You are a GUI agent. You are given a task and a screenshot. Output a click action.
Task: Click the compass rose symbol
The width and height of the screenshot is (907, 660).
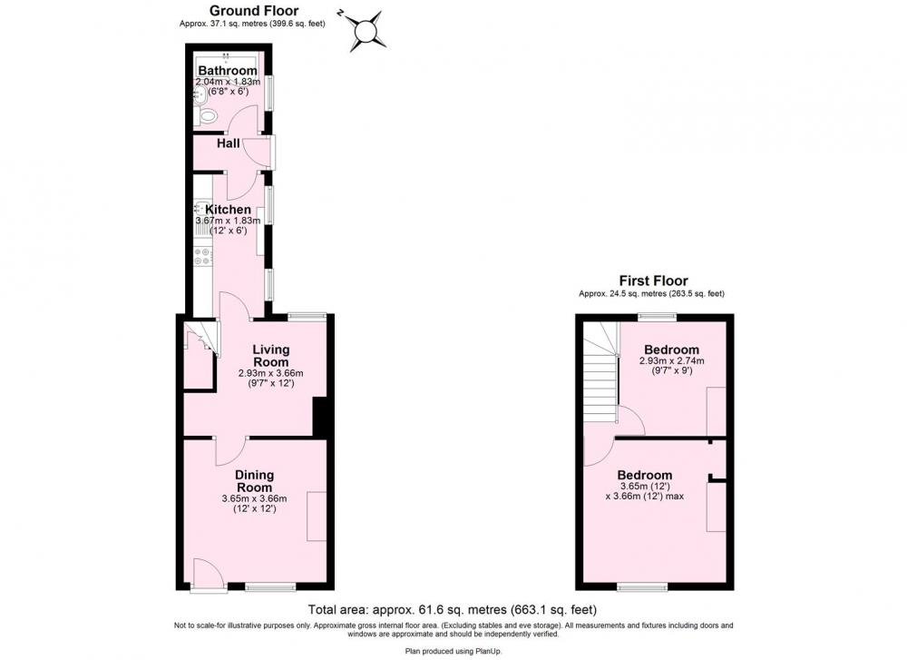366,31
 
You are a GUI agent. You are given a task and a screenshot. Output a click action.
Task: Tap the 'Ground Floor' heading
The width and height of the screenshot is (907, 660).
254,10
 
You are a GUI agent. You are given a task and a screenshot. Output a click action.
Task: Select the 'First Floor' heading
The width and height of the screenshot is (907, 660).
654,281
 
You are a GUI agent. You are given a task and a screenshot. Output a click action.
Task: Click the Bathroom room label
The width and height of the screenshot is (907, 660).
228,71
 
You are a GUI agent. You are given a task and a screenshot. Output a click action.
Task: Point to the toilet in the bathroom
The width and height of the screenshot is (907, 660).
207,116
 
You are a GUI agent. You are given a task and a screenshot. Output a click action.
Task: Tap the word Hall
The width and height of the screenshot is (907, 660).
228,143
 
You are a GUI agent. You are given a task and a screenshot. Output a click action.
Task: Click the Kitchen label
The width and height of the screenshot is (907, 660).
229,209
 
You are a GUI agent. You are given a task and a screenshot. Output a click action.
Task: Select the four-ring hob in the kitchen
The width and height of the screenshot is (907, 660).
203,257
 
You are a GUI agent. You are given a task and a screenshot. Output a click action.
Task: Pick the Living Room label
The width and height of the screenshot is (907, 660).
270,356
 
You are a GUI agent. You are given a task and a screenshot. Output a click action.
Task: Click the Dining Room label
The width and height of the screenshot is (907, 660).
255,481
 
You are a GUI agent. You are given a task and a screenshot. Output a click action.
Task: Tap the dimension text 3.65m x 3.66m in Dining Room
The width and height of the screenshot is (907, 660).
255,498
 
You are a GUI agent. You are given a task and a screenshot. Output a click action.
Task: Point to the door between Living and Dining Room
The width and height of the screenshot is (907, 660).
231,450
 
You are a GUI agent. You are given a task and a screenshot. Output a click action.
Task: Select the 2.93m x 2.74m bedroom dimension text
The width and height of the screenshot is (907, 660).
671,360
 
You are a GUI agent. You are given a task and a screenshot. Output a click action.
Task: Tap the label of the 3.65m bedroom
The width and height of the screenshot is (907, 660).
644,475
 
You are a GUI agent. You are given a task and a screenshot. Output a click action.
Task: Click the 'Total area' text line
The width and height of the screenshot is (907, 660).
453,609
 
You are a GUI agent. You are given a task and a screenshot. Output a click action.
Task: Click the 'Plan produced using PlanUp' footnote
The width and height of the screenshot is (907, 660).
453,651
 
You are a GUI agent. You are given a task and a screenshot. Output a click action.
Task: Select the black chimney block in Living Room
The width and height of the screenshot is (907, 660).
320,417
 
